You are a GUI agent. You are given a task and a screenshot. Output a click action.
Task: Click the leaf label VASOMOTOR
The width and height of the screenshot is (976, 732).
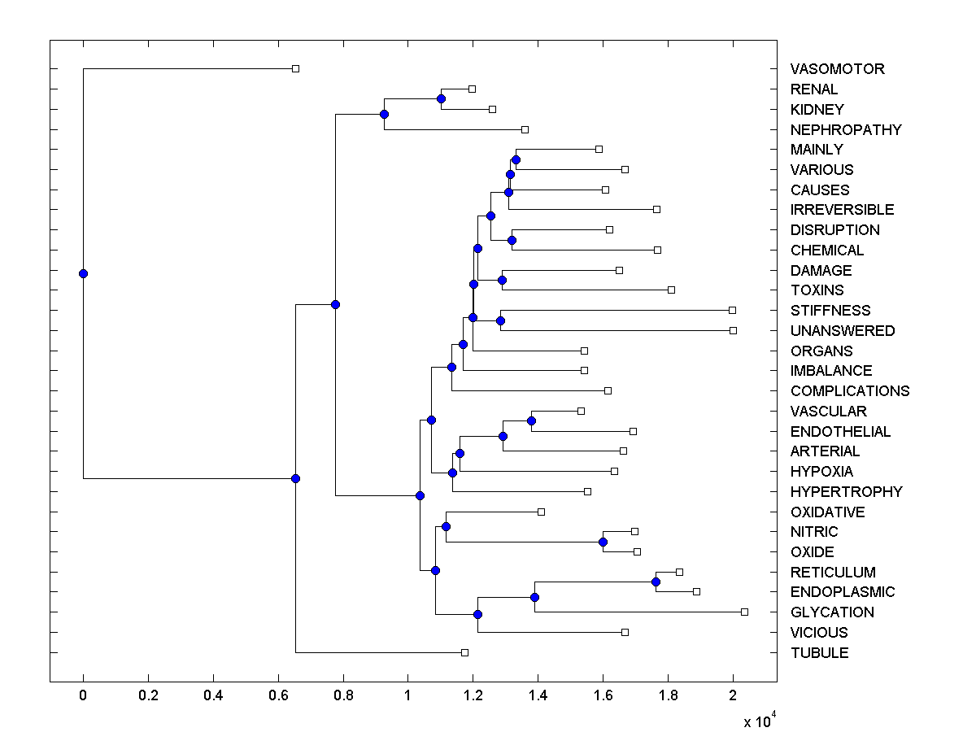tap(837, 69)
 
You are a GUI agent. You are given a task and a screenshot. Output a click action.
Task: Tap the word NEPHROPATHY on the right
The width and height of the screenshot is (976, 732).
tap(846, 129)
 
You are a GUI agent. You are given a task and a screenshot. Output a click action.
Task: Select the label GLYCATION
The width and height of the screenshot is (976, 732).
tap(832, 612)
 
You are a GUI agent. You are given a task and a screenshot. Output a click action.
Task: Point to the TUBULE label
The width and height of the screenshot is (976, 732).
tap(819, 653)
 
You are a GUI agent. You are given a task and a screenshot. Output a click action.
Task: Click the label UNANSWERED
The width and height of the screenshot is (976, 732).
tap(843, 331)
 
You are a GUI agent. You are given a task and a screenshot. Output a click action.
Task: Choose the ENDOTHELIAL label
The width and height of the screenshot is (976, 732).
tap(840, 432)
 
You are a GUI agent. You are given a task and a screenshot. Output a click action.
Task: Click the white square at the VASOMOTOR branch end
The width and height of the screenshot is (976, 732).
tap(295, 68)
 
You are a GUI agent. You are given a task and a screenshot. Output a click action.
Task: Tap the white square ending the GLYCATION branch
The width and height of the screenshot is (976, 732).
tap(744, 612)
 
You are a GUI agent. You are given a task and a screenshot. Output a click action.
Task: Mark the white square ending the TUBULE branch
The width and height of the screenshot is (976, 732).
tap(464, 652)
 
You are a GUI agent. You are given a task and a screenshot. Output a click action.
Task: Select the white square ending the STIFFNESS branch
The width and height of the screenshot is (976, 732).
tap(732, 310)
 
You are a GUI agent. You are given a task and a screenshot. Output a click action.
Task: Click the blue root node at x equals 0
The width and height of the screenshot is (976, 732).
tap(83, 273)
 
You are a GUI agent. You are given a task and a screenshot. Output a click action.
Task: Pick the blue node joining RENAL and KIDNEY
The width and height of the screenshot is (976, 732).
tap(441, 98)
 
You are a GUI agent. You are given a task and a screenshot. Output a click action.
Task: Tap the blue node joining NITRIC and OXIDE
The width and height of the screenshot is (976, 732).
tap(603, 542)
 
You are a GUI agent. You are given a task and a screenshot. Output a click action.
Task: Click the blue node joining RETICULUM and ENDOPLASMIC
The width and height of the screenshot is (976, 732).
tap(656, 582)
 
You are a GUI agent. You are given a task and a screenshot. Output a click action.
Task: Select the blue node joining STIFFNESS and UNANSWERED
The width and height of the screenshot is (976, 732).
tap(500, 320)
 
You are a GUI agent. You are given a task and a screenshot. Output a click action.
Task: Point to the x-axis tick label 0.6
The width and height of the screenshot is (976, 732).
tap(278, 695)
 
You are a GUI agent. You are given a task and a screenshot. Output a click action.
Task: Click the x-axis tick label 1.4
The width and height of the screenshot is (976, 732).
tap(538, 695)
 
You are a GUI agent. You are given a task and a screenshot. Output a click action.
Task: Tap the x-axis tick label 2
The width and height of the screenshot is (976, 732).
tap(733, 695)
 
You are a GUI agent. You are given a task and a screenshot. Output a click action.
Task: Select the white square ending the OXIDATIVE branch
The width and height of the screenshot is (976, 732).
tap(541, 512)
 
